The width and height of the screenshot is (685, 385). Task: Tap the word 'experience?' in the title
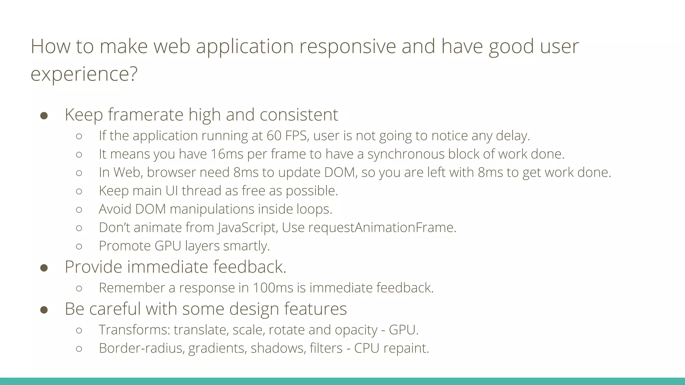coord(84,74)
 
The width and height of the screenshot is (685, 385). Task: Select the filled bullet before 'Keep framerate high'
coord(44,116)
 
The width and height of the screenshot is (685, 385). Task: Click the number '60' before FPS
coord(274,136)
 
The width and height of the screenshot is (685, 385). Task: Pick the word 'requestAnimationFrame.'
coord(382,228)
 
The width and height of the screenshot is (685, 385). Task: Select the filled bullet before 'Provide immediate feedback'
coord(44,268)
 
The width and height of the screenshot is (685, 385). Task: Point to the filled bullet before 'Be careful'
coord(44,309)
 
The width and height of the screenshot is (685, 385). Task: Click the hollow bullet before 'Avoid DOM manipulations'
coord(79,210)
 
